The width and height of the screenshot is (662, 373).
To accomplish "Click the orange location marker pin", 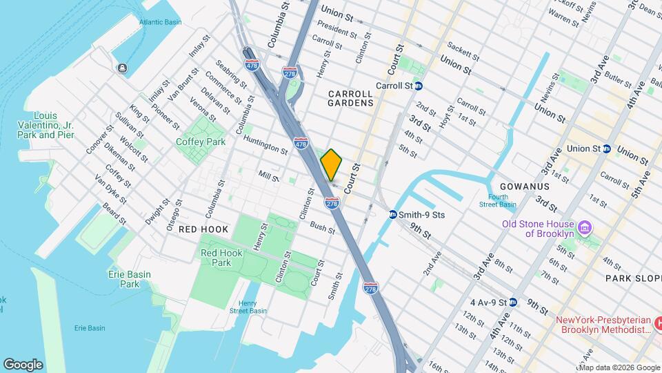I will [x=332, y=164].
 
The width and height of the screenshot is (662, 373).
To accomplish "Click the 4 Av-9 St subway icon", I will [x=513, y=303].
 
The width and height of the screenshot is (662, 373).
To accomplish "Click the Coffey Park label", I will [x=201, y=142].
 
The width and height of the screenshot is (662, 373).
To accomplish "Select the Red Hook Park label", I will [x=221, y=258].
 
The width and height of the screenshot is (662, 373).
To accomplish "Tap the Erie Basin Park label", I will [x=129, y=279].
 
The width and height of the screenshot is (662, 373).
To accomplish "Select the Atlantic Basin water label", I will [x=160, y=22].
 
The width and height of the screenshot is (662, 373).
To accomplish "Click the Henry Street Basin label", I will [x=248, y=307].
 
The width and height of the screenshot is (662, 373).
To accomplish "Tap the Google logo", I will [x=23, y=364].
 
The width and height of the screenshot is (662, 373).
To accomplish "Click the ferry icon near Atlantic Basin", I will [x=122, y=68].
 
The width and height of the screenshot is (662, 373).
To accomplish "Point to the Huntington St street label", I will [x=265, y=147].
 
